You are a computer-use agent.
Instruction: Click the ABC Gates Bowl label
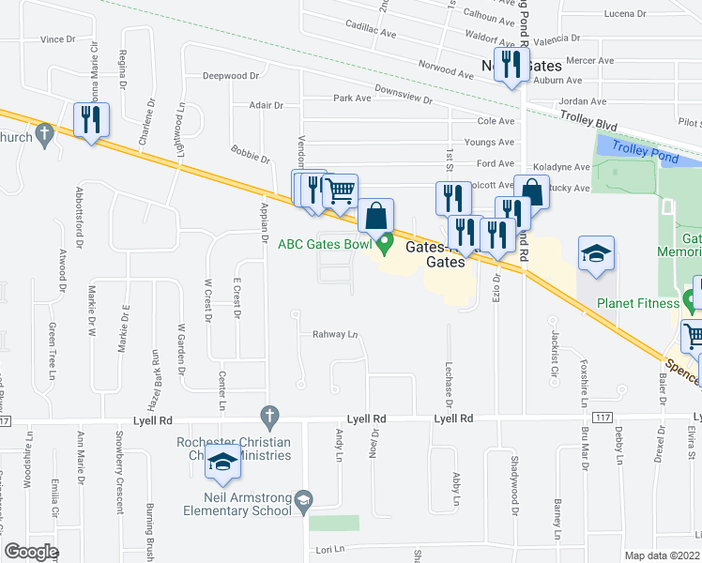click(325, 245)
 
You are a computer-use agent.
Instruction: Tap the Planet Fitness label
click(640, 303)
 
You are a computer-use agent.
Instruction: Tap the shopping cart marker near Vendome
click(340, 191)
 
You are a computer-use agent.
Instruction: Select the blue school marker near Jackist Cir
click(595, 253)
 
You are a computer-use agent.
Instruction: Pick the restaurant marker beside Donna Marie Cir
click(92, 119)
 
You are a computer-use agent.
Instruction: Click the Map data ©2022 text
click(662, 555)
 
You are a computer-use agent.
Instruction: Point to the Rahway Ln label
click(335, 334)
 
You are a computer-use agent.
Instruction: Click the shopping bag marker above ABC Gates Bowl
click(375, 216)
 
